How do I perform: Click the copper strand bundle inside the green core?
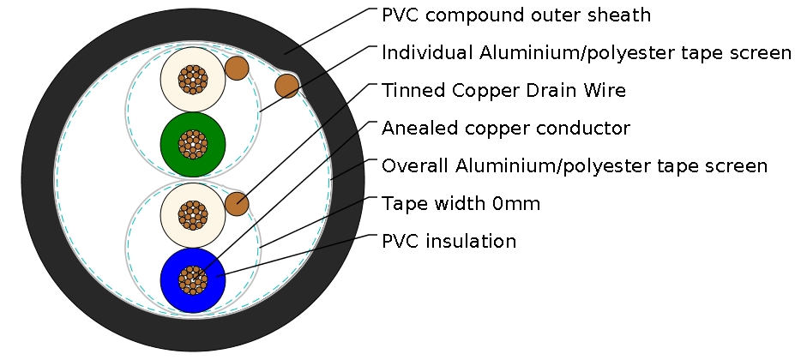click(193, 143)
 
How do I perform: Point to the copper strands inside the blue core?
click(193, 279)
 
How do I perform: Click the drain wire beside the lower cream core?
click(237, 204)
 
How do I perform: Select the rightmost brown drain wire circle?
click(286, 85)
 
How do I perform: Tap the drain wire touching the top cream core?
click(236, 67)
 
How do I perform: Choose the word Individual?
click(424, 53)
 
